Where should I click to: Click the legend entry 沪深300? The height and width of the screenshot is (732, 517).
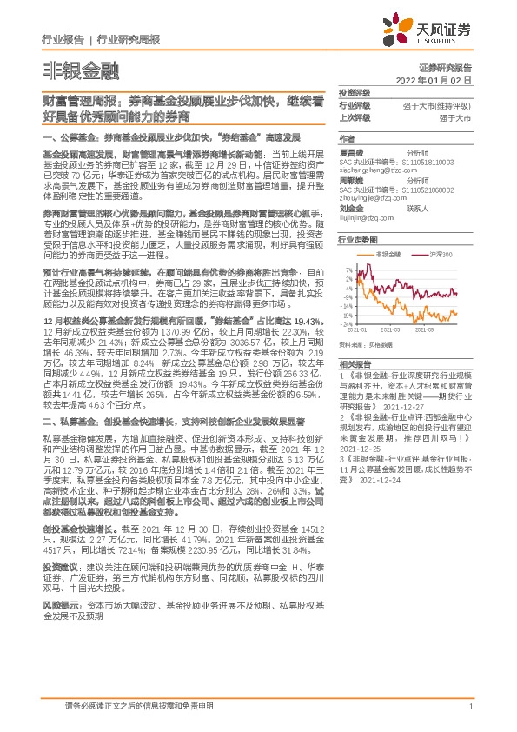coord(444,254)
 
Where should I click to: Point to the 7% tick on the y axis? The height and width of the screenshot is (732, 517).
coord(349,270)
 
